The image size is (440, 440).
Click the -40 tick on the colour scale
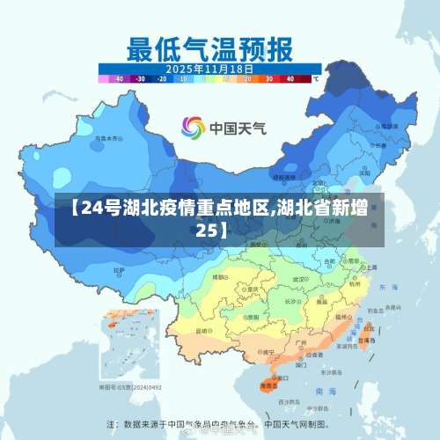pos(118,78)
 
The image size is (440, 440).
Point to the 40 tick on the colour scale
pos(290,78)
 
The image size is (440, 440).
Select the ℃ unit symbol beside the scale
pos(315,78)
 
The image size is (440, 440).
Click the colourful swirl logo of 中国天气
pos(193,128)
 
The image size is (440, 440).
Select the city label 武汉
pos(309,279)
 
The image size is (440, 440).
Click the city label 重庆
pos(253,289)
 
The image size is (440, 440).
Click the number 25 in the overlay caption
pos(205,230)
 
